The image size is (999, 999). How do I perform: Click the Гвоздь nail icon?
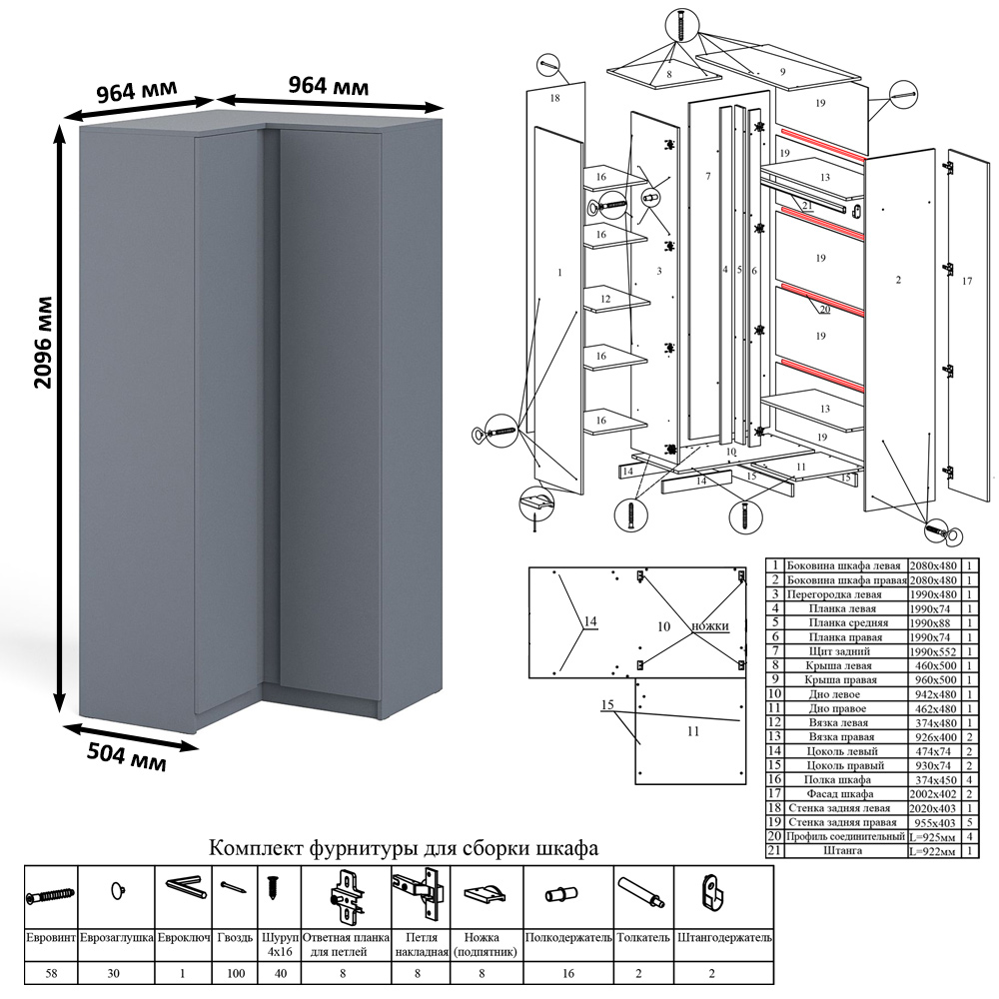234,888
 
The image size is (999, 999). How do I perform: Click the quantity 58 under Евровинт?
51,971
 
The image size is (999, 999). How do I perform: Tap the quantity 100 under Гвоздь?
234,971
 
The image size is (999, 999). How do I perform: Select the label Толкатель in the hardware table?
644,939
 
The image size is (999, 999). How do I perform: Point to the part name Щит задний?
843,650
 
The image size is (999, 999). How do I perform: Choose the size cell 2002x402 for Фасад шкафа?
933,793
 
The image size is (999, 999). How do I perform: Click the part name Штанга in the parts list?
843,850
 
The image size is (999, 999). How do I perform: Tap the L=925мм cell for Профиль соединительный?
933,836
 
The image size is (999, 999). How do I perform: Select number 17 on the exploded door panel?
966,282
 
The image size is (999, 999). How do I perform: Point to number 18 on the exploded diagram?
554,98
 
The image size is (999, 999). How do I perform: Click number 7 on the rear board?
707,176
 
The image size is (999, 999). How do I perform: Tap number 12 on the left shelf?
604,299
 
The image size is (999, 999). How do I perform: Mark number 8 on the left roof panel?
668,74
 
